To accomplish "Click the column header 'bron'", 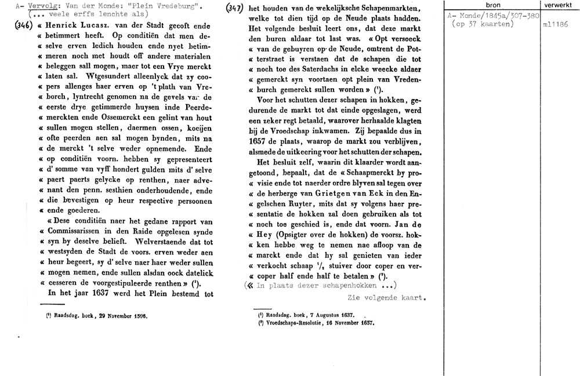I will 492,5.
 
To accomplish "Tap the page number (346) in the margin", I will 21,27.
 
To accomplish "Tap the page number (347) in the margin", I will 234,8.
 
